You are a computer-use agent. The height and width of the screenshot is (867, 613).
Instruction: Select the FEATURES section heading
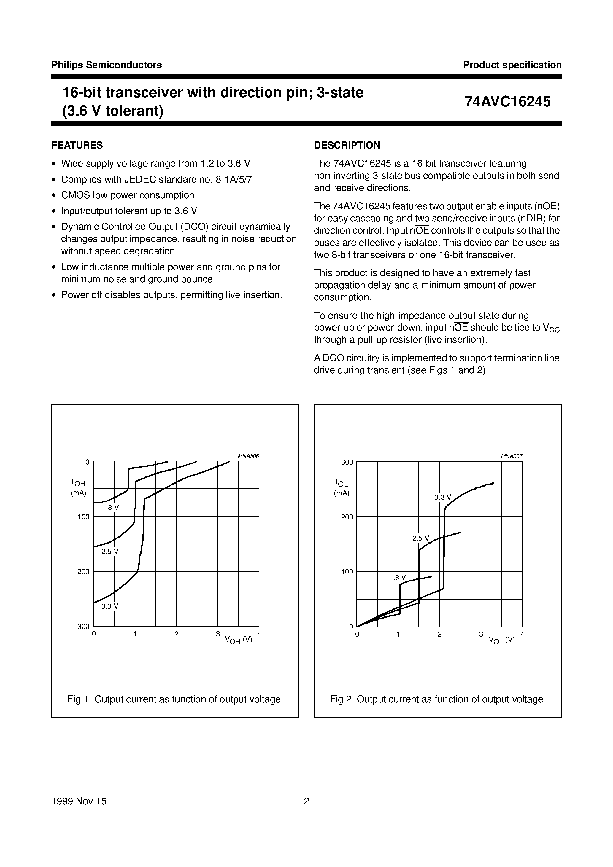pos(77,145)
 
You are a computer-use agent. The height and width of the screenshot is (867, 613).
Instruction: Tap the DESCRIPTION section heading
pos(347,145)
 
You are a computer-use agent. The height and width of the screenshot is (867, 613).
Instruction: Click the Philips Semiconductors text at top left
pos(107,65)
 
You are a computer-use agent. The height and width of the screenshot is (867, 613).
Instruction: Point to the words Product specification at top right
pos(512,65)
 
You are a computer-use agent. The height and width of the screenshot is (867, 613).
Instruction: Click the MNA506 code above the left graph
pos(248,456)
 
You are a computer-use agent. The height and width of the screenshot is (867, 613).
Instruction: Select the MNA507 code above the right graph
pos(511,456)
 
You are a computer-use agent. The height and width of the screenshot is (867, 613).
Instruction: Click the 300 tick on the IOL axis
pos(347,462)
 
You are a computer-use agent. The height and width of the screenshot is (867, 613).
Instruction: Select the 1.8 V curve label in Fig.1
pos(110,508)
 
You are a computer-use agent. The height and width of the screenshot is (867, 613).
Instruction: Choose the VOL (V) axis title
pos(501,640)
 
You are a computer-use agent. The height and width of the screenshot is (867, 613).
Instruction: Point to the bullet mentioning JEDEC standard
pos(156,179)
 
